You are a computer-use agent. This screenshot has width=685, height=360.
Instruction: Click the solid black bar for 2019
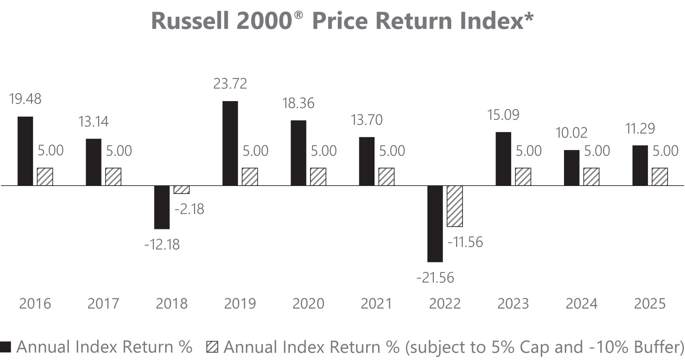(x=230, y=143)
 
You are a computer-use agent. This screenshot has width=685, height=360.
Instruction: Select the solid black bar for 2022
(x=435, y=224)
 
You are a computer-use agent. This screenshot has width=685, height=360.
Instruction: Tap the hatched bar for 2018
(x=181, y=190)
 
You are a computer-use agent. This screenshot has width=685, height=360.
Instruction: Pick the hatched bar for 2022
(x=455, y=206)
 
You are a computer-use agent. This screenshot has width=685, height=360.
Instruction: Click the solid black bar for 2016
(x=25, y=151)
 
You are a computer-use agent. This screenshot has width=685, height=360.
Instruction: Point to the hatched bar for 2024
(x=591, y=177)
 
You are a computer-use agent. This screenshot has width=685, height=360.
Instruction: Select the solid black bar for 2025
(x=640, y=166)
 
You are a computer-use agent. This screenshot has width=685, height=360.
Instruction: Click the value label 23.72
(x=230, y=84)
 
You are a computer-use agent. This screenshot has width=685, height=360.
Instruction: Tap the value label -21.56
(x=435, y=278)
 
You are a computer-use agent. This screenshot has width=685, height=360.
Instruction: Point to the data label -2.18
(x=189, y=209)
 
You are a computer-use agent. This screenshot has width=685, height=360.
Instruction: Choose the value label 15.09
(x=504, y=115)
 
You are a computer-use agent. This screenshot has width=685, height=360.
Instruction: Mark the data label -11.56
(x=465, y=242)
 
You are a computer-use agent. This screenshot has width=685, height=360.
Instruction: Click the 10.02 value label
(x=572, y=133)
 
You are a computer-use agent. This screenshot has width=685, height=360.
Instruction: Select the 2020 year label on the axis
(x=308, y=304)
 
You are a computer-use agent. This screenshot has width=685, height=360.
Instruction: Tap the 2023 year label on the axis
(x=513, y=304)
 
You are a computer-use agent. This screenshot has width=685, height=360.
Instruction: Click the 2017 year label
(x=103, y=304)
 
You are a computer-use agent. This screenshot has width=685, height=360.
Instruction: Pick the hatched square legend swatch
(x=213, y=347)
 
